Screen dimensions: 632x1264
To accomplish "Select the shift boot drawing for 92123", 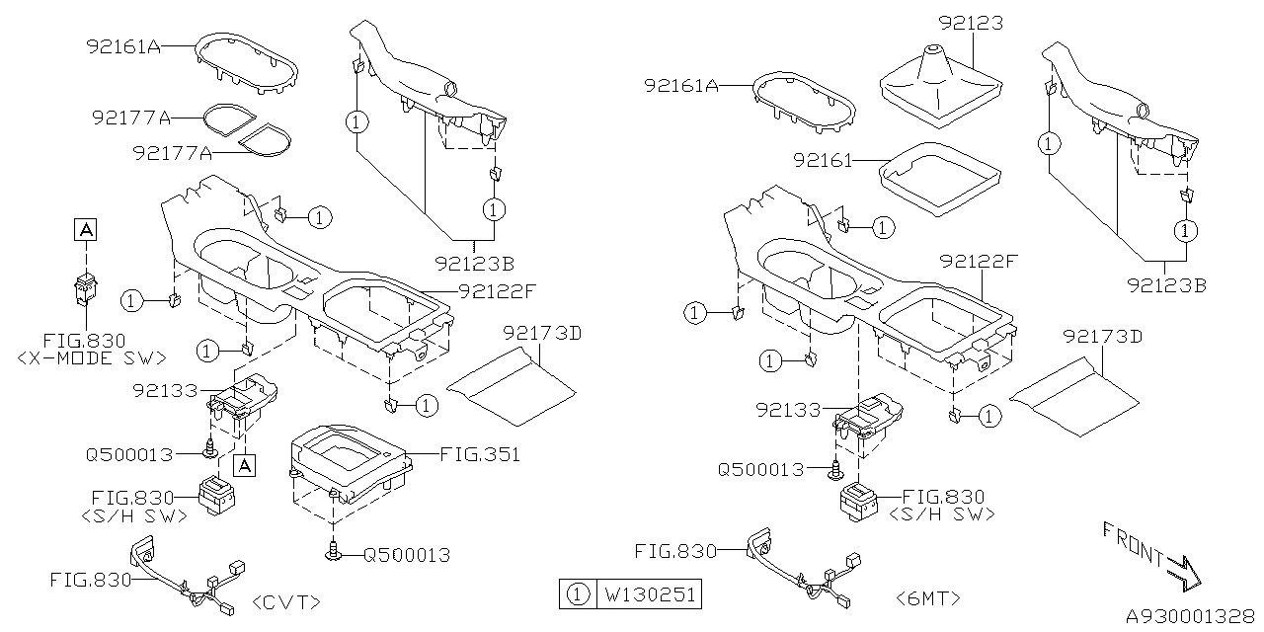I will (936, 88).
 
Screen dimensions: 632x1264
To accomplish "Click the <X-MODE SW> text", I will (92, 357).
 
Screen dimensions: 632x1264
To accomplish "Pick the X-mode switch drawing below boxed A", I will (86, 287).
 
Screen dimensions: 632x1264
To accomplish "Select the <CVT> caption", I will (286, 601).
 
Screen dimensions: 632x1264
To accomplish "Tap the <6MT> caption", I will (927, 598).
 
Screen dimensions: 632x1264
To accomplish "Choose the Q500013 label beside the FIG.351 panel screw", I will (406, 555).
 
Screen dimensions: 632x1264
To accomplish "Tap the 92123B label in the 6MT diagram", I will (1165, 285).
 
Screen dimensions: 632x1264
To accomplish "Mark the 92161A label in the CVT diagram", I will (124, 45).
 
